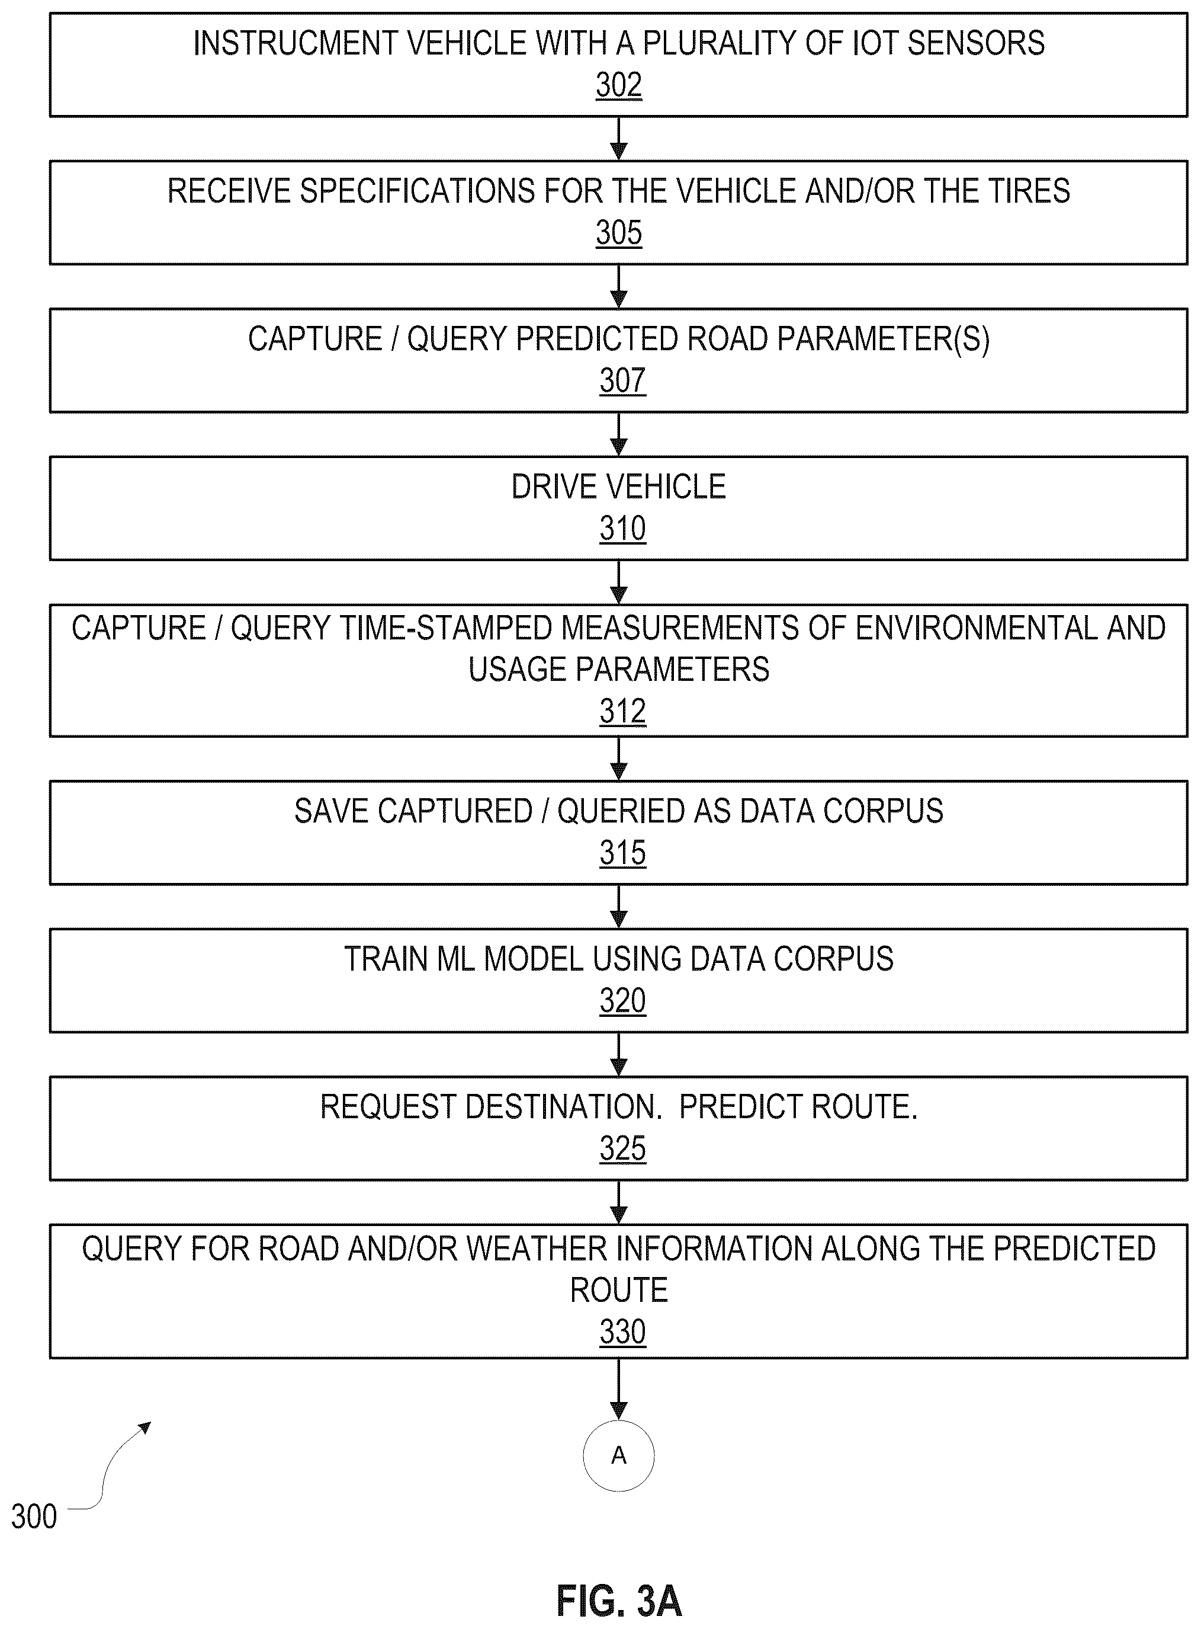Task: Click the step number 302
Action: [619, 85]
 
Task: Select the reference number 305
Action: [619, 233]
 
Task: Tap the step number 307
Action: [622, 380]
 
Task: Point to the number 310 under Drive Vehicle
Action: [622, 528]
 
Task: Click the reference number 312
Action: [622, 711]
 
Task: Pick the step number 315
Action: [622, 852]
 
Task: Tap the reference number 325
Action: [622, 1148]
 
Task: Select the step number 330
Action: [622, 1332]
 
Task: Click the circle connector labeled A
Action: [619, 1420]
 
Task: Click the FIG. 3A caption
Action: [619, 1601]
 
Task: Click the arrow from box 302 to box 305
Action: [619, 138]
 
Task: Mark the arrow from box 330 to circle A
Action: [619, 1388]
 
